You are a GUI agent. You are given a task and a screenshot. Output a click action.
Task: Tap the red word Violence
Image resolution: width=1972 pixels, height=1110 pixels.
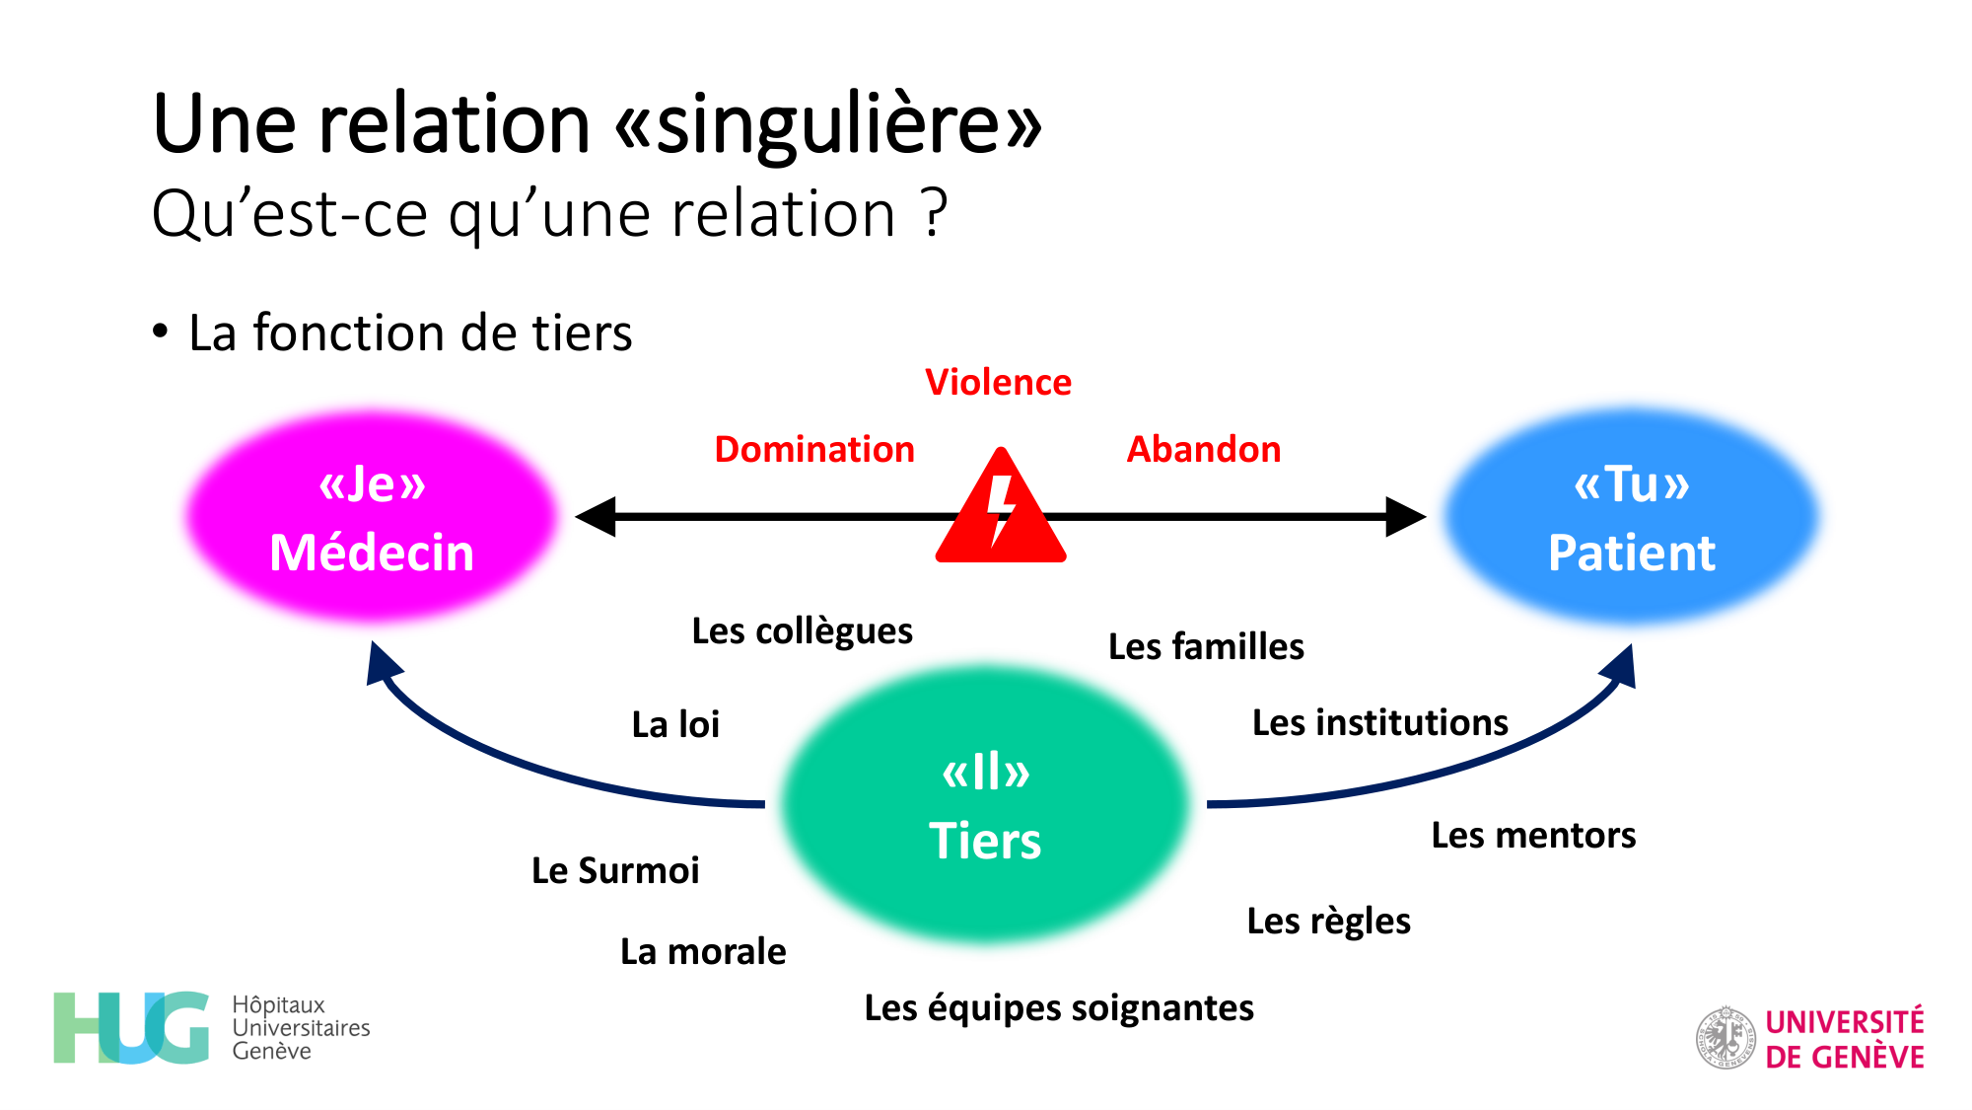998,382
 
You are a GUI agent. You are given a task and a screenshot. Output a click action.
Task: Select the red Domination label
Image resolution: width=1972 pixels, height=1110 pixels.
814,449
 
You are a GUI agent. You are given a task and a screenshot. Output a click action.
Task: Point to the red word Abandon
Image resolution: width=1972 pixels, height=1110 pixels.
1204,449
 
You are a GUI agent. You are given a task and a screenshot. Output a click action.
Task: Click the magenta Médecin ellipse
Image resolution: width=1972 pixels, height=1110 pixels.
372,517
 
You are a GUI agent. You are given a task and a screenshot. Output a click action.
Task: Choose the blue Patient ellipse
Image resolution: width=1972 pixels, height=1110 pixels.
1632,517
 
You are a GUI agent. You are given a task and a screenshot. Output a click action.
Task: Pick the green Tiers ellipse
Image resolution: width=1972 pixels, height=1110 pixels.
986,804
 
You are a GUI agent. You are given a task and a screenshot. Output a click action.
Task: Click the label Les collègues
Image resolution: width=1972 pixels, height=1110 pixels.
802,630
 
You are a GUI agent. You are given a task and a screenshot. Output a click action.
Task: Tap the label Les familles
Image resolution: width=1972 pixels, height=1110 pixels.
1206,646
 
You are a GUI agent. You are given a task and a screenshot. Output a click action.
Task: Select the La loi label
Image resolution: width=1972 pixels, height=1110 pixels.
675,724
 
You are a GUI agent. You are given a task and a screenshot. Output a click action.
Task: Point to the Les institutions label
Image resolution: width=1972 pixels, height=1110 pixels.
1379,722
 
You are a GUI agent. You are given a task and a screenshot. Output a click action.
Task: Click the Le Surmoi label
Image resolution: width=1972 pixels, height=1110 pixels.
615,870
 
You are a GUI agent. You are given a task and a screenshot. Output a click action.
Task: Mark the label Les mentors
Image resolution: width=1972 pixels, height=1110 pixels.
1533,835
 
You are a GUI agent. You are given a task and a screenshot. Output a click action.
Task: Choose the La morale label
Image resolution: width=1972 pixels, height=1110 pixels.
703,951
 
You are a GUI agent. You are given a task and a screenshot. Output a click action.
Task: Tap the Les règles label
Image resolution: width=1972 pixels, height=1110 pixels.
1328,921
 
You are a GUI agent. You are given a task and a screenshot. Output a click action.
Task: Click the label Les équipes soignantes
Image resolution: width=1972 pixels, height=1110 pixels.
1059,1007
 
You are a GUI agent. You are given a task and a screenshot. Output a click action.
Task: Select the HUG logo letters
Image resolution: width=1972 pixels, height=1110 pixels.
131,1028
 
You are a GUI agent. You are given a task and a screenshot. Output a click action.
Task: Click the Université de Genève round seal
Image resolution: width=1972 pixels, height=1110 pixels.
1725,1038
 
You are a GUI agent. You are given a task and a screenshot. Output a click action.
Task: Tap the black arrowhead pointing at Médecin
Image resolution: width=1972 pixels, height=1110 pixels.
597,516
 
